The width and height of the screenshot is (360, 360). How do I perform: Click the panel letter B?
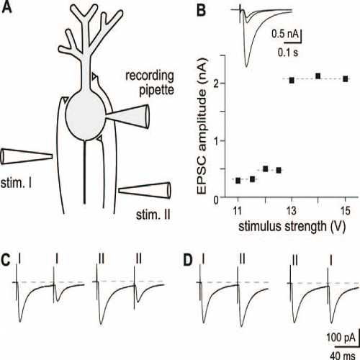tap(201, 10)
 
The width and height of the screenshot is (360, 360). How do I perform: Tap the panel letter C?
tap(6, 259)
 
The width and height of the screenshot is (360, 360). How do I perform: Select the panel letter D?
tap(188, 260)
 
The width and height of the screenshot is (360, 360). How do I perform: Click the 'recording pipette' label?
tap(150, 83)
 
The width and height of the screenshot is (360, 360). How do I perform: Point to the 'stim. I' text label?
tap(17, 183)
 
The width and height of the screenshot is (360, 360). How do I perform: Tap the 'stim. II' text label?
tap(153, 215)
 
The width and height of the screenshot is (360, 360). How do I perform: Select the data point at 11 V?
tap(238, 181)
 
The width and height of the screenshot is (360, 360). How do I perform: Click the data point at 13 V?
tap(292, 81)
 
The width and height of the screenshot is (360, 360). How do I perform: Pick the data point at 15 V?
tap(346, 78)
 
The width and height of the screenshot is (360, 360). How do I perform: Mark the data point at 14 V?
tap(318, 76)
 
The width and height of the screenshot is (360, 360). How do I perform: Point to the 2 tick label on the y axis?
tap(216, 84)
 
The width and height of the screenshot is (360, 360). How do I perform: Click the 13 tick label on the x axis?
tap(292, 211)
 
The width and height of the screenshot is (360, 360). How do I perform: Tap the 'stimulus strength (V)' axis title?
tap(292, 226)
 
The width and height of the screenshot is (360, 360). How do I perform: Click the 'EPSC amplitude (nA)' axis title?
tap(202, 126)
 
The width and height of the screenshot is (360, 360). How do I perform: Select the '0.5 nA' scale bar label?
tap(285, 34)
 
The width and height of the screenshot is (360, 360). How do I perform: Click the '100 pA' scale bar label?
tap(341, 338)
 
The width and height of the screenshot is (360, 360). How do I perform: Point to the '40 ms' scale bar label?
tap(343, 355)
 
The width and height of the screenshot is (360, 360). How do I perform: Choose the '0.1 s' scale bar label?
tap(288, 53)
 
